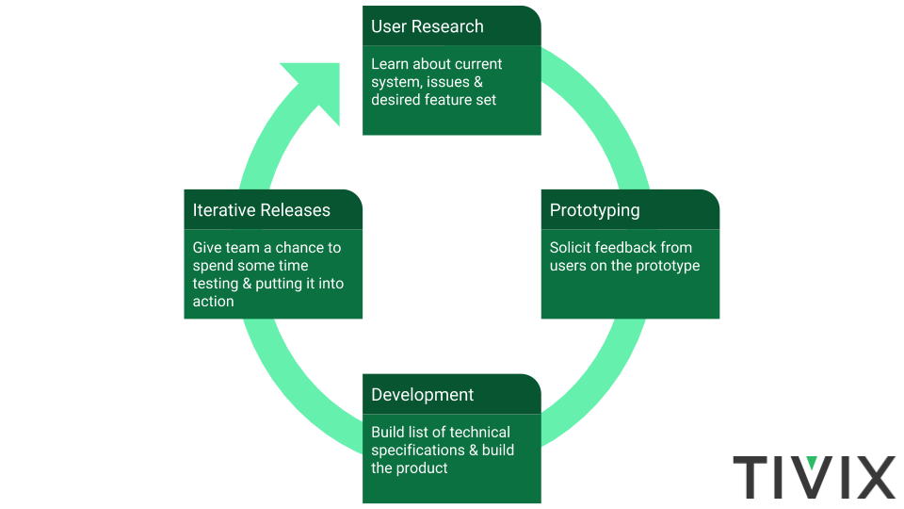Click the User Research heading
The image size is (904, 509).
pos(428,26)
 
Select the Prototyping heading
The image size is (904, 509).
pos(594,210)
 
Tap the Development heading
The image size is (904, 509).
pos(422,395)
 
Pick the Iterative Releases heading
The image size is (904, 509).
pos(261,210)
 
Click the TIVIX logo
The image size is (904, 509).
pos(814,476)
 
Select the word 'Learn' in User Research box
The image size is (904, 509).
pos(391,64)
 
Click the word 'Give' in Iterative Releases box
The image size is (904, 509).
pos(208,248)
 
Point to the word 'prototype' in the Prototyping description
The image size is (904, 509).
pos(669,266)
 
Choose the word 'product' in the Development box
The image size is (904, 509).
pos(423,468)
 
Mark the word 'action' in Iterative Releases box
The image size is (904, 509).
pos(213,302)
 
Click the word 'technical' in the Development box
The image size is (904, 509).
pos(478,432)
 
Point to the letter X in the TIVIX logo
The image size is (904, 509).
pos(871,476)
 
